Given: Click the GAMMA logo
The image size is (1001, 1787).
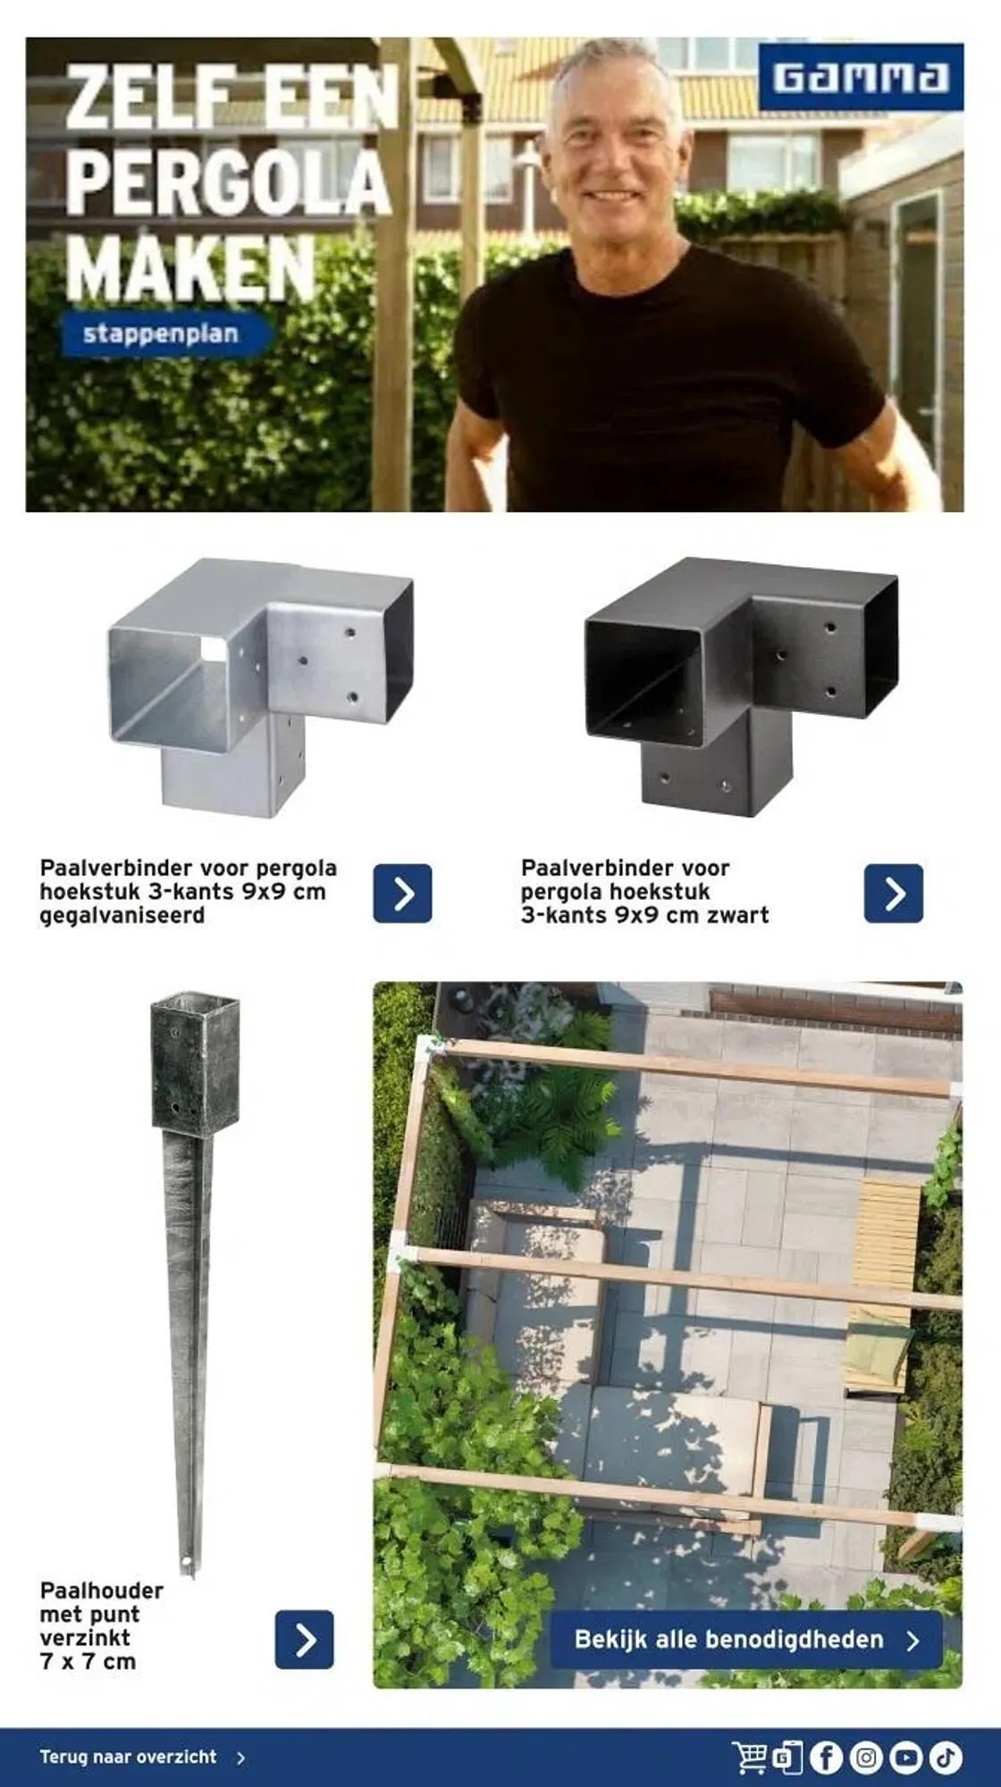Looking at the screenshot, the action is [861, 77].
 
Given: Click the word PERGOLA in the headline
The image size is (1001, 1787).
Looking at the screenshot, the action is [228, 183].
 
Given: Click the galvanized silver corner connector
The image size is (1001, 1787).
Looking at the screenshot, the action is [261, 685].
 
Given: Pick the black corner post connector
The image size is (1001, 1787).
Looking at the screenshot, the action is [742, 685].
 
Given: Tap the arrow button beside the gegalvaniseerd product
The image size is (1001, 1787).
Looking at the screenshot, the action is [402, 893].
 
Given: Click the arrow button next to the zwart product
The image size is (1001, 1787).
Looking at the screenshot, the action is [894, 893].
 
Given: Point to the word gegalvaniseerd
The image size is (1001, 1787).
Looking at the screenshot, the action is [122, 916].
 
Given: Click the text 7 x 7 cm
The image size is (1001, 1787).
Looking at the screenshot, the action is [88, 1662].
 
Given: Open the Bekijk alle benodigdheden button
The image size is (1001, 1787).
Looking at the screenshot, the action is [746, 1640].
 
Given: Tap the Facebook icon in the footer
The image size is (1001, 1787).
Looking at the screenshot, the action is [826, 1758].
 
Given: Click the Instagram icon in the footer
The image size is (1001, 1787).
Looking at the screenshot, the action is [865, 1758].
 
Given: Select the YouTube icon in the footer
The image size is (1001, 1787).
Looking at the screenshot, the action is [905, 1758].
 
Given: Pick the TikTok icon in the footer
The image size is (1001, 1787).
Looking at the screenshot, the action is [945, 1758].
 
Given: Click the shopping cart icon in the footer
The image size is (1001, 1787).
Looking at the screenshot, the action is [749, 1758].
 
